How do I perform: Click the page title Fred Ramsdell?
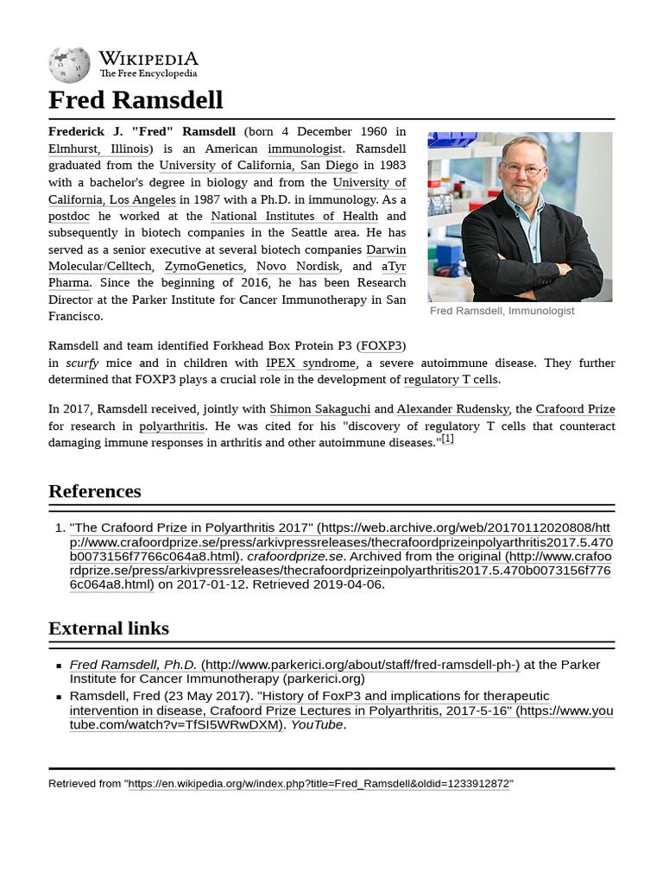136,99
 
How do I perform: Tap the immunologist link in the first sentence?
305,148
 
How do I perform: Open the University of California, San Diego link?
258,165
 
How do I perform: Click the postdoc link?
69,216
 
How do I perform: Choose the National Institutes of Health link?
294,216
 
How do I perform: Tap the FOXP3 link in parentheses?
382,346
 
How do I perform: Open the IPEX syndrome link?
310,363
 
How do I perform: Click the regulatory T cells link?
451,380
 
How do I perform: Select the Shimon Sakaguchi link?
319,409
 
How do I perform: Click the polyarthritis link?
172,426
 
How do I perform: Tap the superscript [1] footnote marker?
447,439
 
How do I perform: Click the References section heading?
95,491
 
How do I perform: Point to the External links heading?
109,628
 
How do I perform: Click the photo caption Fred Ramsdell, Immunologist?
502,311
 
